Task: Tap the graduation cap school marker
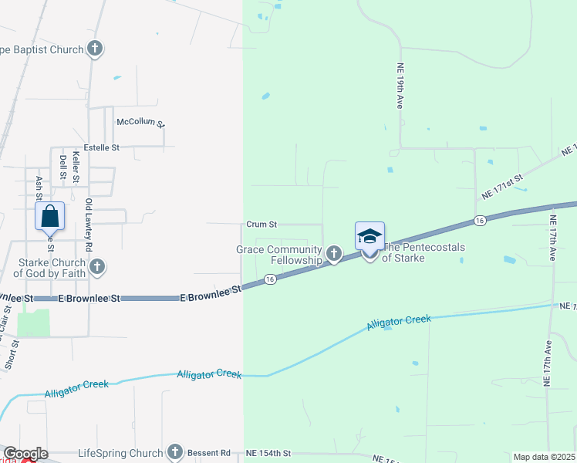(x=369, y=236)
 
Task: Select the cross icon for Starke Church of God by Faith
(x=96, y=267)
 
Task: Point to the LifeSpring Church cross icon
(x=175, y=453)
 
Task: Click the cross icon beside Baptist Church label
(x=95, y=50)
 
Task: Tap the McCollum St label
(x=141, y=122)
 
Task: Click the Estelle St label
(x=102, y=147)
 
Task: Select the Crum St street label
(x=262, y=225)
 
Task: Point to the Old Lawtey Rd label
(x=89, y=225)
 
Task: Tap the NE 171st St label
(x=502, y=185)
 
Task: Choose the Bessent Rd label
(x=213, y=453)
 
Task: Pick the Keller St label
(x=76, y=166)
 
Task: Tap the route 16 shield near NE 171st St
(x=480, y=221)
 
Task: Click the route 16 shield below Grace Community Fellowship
(x=270, y=279)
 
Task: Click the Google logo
(x=25, y=454)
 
